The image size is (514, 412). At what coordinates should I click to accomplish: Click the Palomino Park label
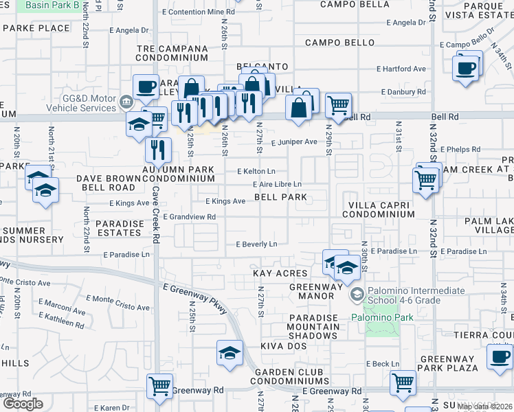click(x=383, y=317)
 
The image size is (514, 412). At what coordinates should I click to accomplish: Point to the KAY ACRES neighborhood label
click(x=280, y=273)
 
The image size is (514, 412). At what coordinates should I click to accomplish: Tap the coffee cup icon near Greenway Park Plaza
click(x=500, y=356)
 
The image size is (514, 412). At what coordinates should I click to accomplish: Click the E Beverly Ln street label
click(x=256, y=244)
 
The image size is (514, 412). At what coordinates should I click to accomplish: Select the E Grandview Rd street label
click(x=190, y=217)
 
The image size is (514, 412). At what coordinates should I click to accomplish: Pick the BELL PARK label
click(x=280, y=197)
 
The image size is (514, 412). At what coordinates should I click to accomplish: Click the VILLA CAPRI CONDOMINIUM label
click(x=381, y=209)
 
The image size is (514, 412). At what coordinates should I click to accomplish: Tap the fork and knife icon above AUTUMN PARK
click(x=159, y=149)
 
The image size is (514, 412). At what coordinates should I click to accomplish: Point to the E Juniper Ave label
click(x=293, y=142)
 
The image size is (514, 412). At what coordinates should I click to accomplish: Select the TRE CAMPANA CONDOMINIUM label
click(x=172, y=53)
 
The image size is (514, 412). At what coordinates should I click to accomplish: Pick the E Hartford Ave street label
click(x=401, y=69)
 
